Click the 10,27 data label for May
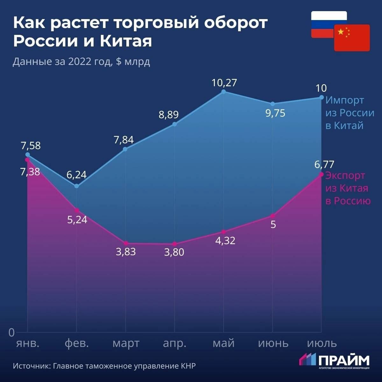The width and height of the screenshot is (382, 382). click(224, 83)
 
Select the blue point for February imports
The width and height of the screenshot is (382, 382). click(77, 186)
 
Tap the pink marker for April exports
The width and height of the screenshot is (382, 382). click(174, 244)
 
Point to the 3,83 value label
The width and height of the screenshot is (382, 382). click(126, 252)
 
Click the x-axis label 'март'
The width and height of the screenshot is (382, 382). click(126, 343)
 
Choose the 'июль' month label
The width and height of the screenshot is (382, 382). click(322, 343)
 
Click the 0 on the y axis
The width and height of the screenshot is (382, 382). click(11, 333)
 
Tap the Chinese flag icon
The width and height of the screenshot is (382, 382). click(352, 38)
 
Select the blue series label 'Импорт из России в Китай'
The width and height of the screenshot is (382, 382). click(350, 113)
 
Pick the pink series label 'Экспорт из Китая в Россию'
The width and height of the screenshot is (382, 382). click(348, 188)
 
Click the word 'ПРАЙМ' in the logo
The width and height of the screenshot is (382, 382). click(344, 360)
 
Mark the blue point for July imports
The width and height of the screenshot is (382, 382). click(322, 97)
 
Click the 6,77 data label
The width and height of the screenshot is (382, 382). click(324, 165)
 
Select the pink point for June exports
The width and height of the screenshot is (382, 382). click(273, 216)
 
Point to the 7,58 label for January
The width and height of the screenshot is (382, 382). click(31, 146)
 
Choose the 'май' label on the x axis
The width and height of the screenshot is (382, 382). click(223, 343)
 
